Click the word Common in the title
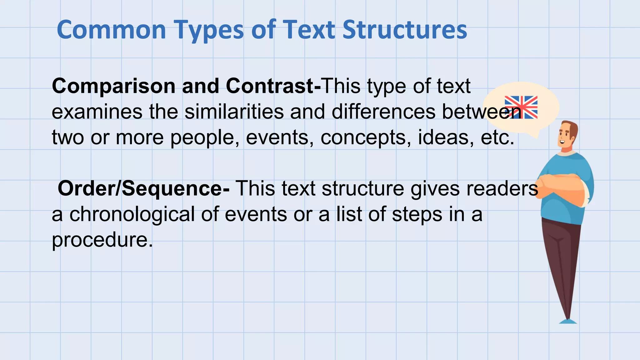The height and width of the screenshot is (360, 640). click(111, 30)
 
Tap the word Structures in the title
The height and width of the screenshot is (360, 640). click(405, 30)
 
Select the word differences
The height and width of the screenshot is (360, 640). click(383, 112)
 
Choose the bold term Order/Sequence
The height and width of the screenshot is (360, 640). click(141, 188)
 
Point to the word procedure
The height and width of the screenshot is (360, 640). click(102, 240)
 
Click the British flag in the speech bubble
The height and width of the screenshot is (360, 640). click(521, 107)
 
